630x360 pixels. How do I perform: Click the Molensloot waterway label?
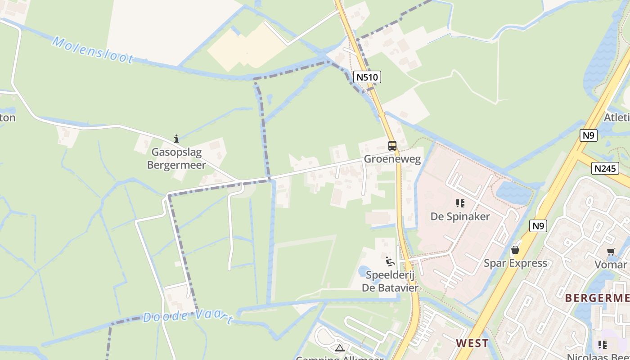93,50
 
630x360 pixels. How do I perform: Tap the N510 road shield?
367,77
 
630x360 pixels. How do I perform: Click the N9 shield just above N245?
588,135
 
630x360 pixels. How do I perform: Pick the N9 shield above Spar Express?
538,226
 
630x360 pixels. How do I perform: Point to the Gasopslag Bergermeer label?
176,158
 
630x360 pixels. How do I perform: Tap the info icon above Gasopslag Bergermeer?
176,139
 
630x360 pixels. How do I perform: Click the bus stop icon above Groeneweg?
392,145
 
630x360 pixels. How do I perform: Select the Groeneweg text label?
392,159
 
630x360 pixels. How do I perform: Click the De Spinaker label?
460,216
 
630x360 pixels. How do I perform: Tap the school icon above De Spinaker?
460,203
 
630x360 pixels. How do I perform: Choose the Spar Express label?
515,263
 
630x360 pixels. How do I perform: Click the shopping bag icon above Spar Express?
515,249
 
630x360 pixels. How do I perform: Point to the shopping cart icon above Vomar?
611,252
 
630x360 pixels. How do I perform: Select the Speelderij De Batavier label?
390,281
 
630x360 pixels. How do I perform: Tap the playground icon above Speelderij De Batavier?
390,261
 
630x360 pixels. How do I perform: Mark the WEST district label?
472,343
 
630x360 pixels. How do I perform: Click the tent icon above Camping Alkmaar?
339,347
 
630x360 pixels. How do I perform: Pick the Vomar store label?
611,265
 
